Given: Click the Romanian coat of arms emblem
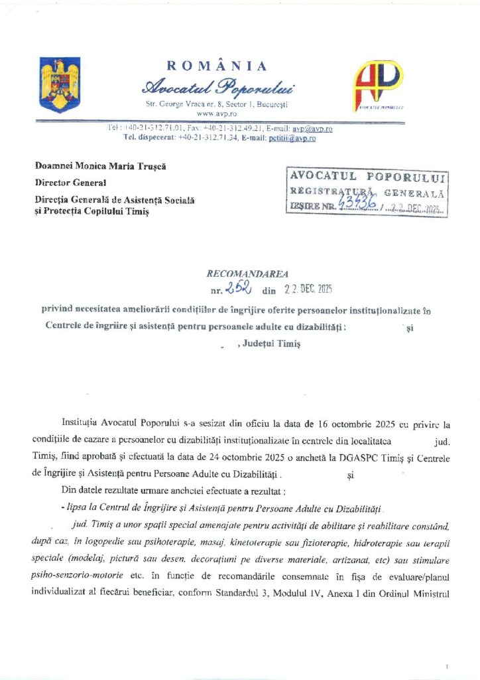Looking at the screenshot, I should [60, 84].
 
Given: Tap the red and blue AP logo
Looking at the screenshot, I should [377, 85].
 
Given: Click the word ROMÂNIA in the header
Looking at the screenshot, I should [217, 66].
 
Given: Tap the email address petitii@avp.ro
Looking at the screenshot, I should [292, 138].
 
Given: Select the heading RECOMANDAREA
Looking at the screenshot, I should [239, 274].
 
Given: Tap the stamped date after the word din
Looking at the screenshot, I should [308, 289].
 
